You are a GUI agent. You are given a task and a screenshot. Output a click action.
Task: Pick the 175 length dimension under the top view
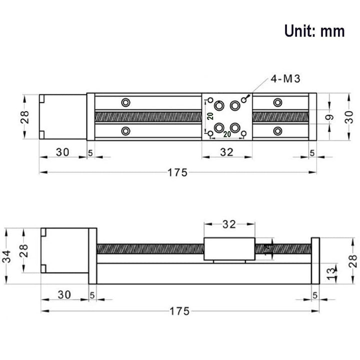pyautogui.click(x=177, y=173)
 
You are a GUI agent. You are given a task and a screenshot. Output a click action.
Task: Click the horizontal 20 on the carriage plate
pyautogui.click(x=226, y=134)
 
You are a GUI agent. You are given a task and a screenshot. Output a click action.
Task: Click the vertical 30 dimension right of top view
pyautogui.click(x=351, y=117)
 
